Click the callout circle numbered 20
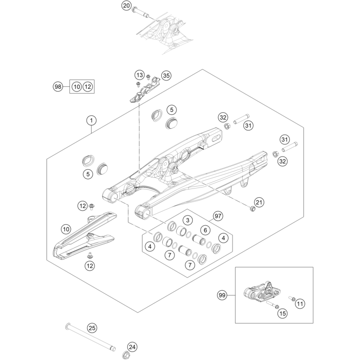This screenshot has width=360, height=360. (x=126, y=6)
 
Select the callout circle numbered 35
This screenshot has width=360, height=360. (x=166, y=76)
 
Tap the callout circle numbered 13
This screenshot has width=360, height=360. (x=140, y=75)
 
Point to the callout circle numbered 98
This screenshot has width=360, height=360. (x=58, y=87)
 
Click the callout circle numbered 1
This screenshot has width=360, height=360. (x=91, y=120)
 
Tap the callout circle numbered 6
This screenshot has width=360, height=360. (x=205, y=230)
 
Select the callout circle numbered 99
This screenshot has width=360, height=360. (x=222, y=295)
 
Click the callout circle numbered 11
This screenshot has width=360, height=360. (x=299, y=304)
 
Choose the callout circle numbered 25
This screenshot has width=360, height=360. (x=92, y=328)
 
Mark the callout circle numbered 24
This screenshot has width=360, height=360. (x=132, y=347)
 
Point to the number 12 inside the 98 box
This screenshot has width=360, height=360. (x=87, y=87)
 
